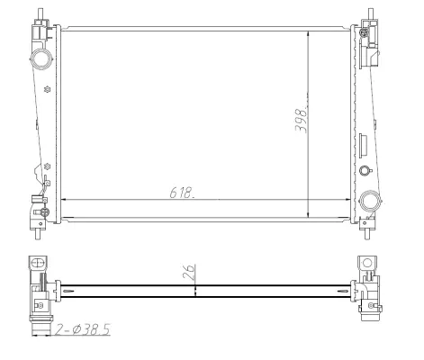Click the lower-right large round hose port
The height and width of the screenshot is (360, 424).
coord(368,200)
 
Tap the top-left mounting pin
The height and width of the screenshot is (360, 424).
coord(41,15)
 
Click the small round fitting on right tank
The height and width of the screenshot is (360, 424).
coord(364,171)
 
